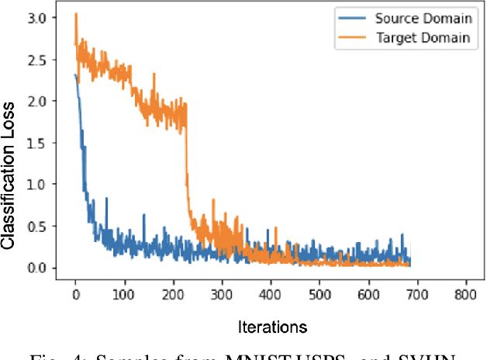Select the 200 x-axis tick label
pyautogui.click(x=172, y=296)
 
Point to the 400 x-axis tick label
pyautogui.click(x=270, y=296)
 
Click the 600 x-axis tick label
pyautogui.click(x=367, y=296)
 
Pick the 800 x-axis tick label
pyautogui.click(x=465, y=296)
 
